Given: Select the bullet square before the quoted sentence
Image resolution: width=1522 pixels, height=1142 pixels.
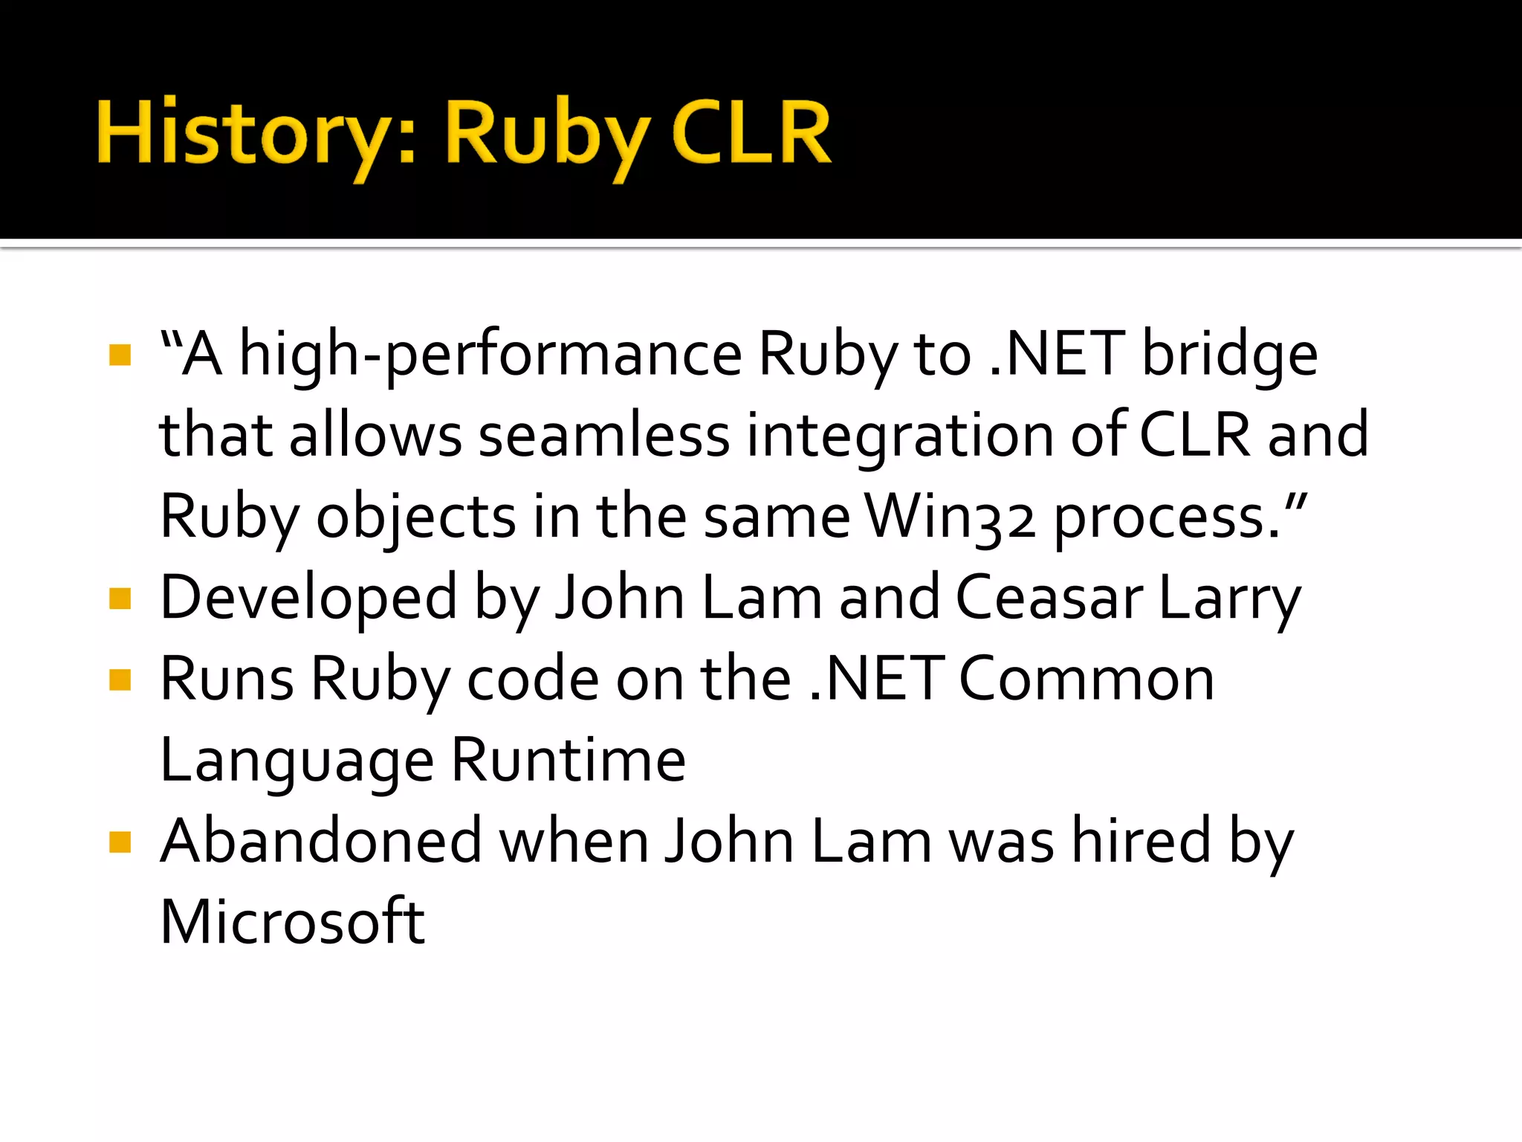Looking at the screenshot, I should click(x=120, y=355).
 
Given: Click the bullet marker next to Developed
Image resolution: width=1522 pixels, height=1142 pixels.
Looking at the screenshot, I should click(x=120, y=599).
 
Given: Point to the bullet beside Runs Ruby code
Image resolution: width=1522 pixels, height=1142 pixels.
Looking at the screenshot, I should click(x=120, y=680).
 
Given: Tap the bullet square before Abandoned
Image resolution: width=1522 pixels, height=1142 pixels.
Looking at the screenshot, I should click(x=120, y=842).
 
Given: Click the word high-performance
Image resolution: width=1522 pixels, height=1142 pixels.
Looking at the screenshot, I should click(x=490, y=355).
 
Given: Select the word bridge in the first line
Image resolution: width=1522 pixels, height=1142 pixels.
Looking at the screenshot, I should click(x=1229, y=355).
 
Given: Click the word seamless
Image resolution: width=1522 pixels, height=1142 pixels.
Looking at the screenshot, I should click(x=604, y=436).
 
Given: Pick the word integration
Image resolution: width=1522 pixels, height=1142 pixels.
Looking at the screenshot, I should click(x=900, y=436).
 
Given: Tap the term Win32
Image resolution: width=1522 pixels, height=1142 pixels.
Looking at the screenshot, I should click(x=949, y=517).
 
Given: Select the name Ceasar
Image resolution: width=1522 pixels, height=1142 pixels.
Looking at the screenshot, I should click(x=1049, y=599).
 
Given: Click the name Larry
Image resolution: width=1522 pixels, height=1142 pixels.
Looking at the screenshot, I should click(x=1229, y=599).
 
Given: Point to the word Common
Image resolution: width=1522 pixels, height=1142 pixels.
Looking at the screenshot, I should click(x=1087, y=680).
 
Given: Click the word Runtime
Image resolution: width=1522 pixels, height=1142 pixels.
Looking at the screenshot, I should click(x=569, y=761).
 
